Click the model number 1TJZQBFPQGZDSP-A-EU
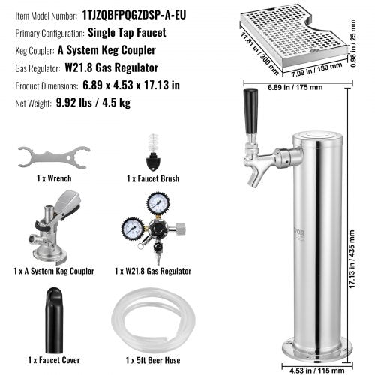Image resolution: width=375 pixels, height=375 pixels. point(136,13)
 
